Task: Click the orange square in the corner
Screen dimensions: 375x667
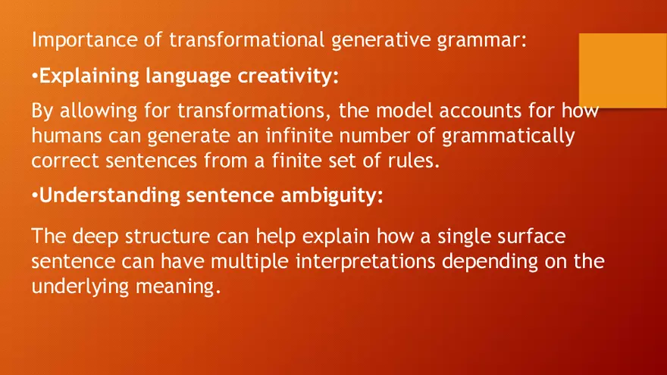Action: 622,70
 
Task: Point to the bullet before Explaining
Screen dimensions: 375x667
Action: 35,77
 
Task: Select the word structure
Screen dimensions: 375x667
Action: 167,236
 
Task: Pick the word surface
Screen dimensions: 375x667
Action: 532,236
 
